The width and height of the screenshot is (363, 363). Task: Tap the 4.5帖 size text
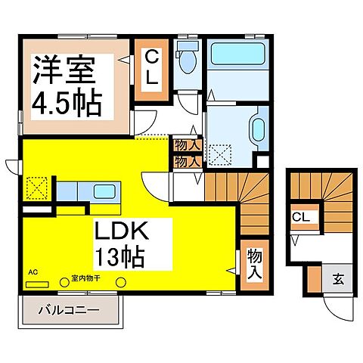(x=66, y=102)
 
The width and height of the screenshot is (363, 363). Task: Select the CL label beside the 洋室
(x=152, y=66)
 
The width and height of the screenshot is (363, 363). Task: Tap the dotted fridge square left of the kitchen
(x=35, y=188)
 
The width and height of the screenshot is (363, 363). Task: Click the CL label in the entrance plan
(x=301, y=218)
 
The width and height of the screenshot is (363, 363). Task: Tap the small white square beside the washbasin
(x=262, y=161)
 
